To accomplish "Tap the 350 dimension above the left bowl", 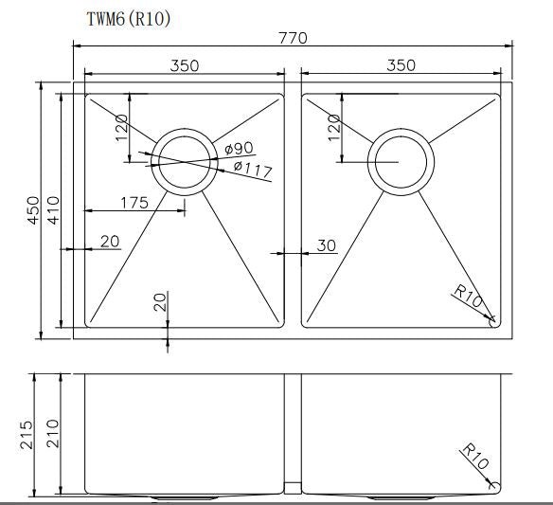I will [x=185, y=65].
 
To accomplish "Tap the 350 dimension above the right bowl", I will [x=401, y=65].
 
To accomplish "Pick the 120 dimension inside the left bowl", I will [x=121, y=127].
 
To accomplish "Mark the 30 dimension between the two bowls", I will [x=326, y=245].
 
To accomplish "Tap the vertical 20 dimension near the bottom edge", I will [x=159, y=302].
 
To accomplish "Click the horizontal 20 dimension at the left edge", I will [x=109, y=242].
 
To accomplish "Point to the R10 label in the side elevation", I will [x=473, y=459].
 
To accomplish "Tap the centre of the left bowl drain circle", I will [x=183, y=161].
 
